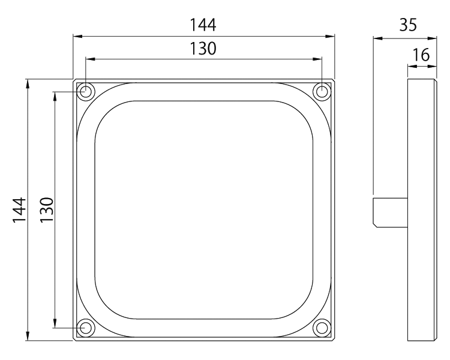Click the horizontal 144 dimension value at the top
click(203, 25)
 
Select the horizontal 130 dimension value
click(203, 49)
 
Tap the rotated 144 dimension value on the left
click(19, 210)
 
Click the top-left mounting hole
click(85, 92)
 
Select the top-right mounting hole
click(322, 92)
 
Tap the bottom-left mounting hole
click(85, 328)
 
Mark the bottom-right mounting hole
click(322, 328)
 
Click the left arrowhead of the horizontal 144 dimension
click(77, 37)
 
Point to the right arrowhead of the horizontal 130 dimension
click(318, 59)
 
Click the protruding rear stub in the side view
click(390, 212)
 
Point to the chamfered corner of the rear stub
click(375, 224)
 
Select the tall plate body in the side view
click(422, 210)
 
